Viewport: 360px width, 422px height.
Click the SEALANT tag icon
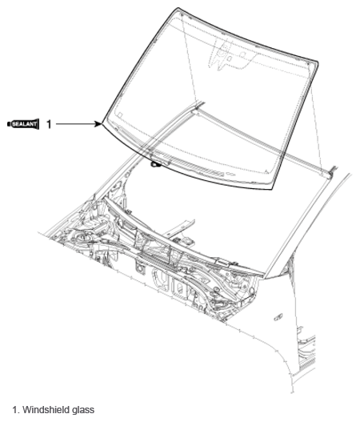click(x=24, y=124)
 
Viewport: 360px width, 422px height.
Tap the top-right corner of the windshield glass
click(x=315, y=63)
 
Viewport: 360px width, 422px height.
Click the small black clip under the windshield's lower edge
click(x=154, y=164)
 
